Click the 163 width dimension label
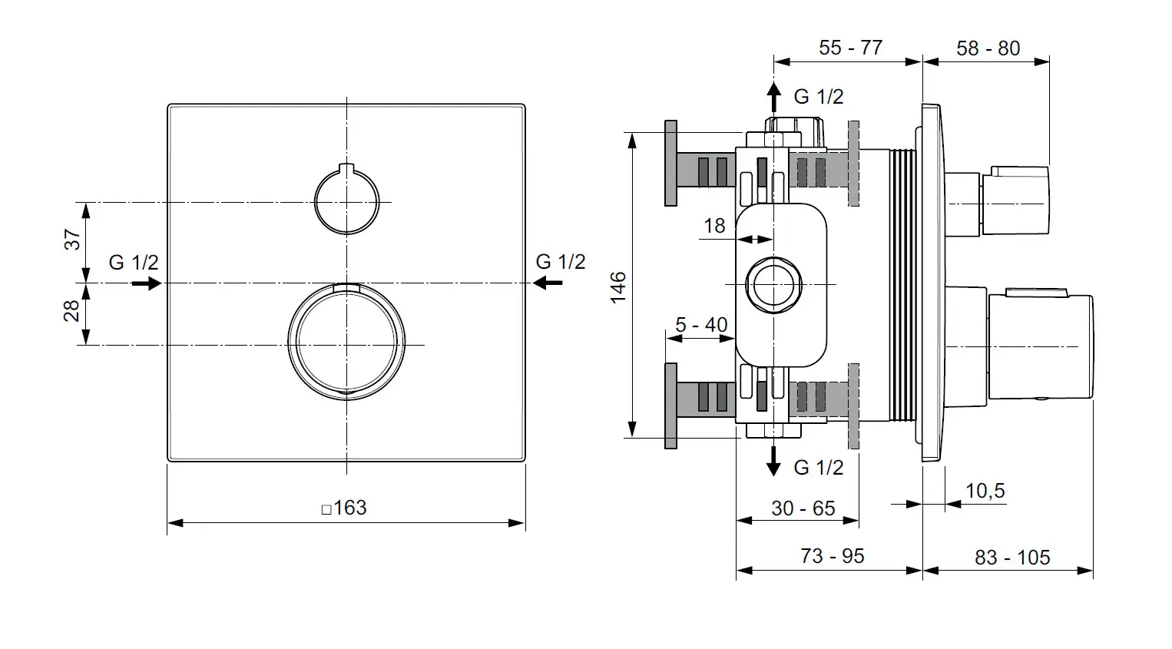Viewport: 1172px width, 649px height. click(344, 508)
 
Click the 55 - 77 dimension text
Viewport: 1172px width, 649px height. click(850, 48)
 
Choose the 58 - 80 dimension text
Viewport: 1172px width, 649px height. click(988, 48)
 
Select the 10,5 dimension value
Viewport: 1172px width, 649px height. click(985, 491)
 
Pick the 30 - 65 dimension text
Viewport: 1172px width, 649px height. click(803, 508)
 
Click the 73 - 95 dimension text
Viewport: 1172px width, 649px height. click(832, 556)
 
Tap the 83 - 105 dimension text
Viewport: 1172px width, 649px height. click(1012, 558)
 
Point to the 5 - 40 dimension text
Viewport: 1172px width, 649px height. click(701, 325)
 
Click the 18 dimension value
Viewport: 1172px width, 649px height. click(714, 226)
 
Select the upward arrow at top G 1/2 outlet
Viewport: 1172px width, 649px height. click(774, 98)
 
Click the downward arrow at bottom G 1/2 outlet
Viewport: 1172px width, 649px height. click(774, 461)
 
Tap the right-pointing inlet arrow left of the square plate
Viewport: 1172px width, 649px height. click(146, 283)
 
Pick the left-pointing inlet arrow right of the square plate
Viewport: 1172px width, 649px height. click(548, 283)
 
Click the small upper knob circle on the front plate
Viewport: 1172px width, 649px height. click(346, 201)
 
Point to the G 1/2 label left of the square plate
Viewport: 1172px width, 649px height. click(134, 262)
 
